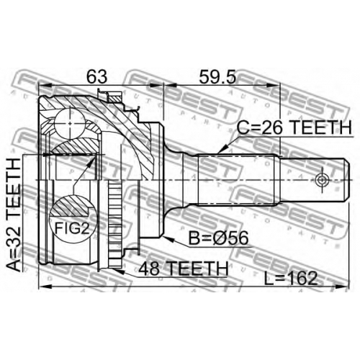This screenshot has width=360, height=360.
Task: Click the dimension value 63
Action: (97, 76)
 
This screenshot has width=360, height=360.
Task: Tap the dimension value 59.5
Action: (218, 76)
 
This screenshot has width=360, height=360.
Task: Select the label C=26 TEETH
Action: (294, 127)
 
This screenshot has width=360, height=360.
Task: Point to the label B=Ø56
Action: (218, 238)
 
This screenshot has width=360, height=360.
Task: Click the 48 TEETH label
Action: (184, 269)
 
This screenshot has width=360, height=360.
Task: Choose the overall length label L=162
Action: (291, 279)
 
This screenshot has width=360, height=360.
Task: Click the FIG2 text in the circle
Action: (72, 228)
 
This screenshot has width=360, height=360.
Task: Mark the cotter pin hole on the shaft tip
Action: (322, 180)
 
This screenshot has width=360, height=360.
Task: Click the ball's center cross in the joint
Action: (70, 123)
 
